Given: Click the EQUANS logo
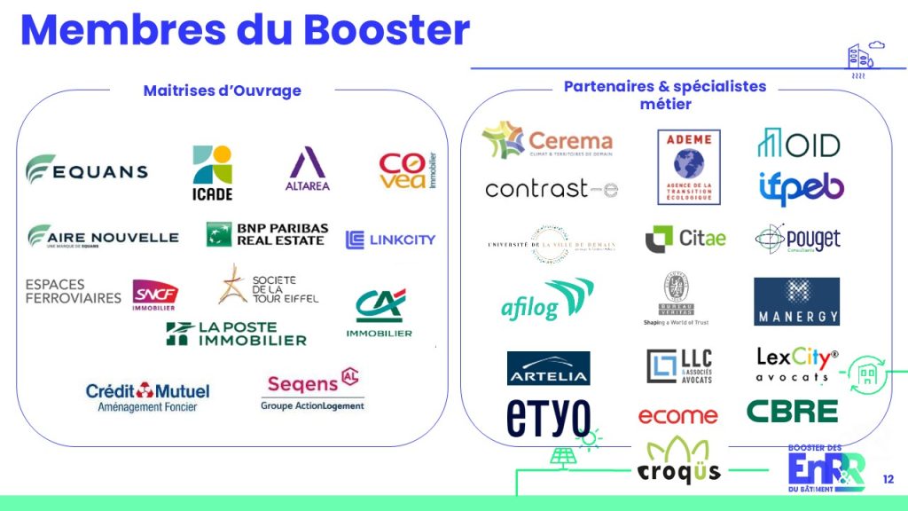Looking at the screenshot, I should (x=86, y=169).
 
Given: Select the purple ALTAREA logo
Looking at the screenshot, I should (x=308, y=169).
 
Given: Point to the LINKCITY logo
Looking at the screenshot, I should (x=390, y=239).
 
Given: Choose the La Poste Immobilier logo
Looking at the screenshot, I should (x=237, y=334).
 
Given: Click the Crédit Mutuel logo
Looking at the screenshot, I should (x=147, y=396).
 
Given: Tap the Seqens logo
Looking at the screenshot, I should (x=312, y=390).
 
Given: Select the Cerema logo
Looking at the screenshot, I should (x=547, y=140).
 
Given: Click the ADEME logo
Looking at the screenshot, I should (x=688, y=167).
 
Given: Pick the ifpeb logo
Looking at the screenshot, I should (x=801, y=187).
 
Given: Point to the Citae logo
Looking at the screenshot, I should (x=685, y=238).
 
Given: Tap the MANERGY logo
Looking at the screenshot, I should (x=795, y=302).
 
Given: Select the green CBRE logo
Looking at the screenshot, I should (x=791, y=411).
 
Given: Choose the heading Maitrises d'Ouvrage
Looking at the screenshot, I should (x=222, y=90).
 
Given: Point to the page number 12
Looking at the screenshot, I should (x=888, y=480).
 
